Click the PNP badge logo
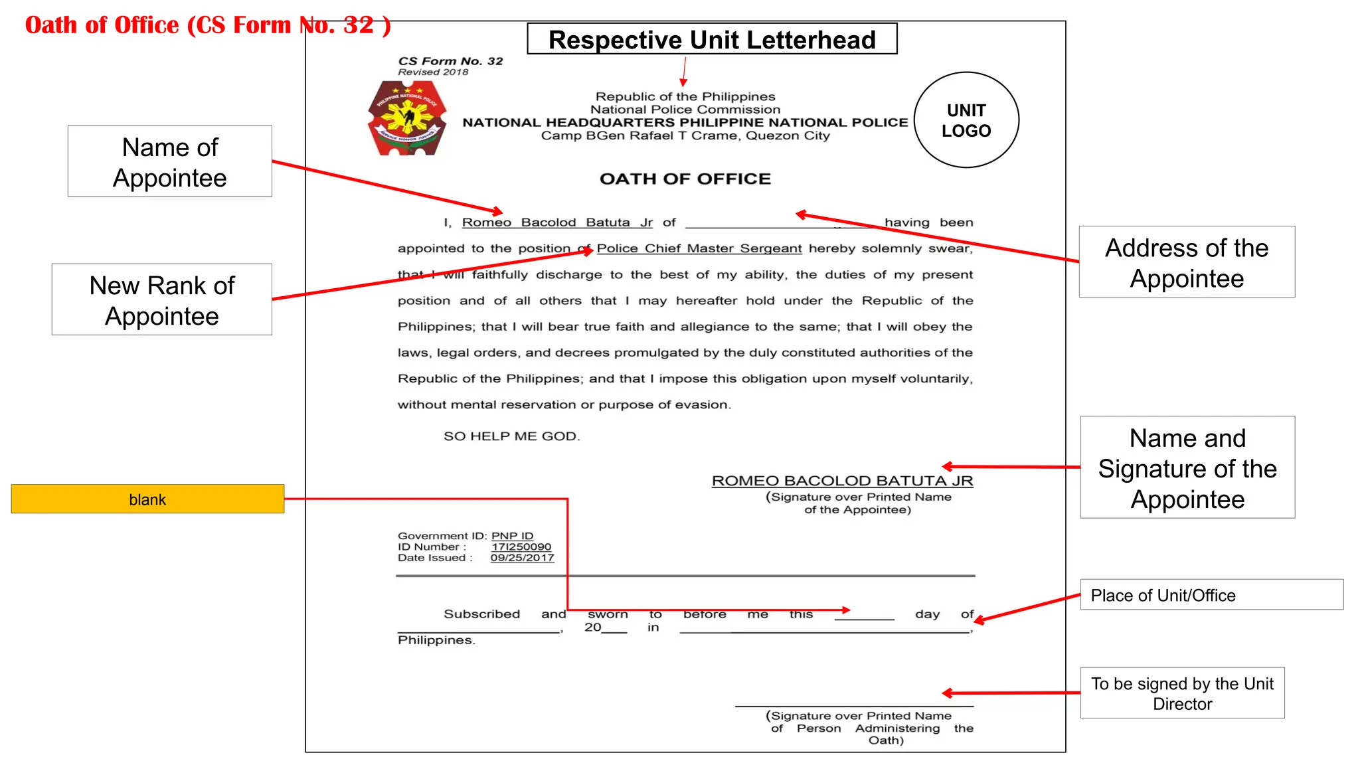(407, 118)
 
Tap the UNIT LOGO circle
(966, 120)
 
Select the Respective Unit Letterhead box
(712, 39)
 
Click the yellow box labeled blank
(147, 499)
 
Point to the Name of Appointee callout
(170, 161)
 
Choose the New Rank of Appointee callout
(162, 300)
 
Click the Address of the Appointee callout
(1187, 262)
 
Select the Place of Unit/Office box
(1211, 595)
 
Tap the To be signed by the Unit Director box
(1182, 693)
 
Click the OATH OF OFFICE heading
(685, 179)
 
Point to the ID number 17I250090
(521, 547)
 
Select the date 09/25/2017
(522, 558)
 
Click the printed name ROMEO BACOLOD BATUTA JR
(842, 481)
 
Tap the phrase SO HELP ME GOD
(511, 436)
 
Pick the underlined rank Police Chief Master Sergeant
(699, 248)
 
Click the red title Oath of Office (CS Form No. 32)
(208, 25)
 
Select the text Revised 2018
(433, 72)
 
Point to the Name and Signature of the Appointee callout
(1187, 468)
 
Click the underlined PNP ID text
(512, 536)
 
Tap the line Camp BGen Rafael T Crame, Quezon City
(685, 135)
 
